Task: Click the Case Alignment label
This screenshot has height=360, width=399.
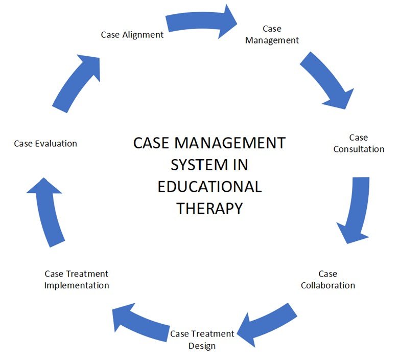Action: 132,35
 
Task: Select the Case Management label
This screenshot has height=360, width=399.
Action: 272,35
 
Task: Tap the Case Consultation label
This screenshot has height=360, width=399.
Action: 359,143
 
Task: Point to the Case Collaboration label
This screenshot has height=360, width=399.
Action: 327,280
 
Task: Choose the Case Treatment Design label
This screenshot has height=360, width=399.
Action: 202,340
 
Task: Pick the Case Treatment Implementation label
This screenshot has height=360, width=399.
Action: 77,280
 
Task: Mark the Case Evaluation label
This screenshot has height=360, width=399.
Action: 45,144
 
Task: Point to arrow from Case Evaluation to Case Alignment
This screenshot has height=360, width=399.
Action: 77,82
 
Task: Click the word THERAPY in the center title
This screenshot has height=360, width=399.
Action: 209,208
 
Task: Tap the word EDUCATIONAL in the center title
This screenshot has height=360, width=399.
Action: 209,186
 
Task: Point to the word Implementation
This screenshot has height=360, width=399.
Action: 77,285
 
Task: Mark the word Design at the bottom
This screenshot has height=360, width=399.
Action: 202,346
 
